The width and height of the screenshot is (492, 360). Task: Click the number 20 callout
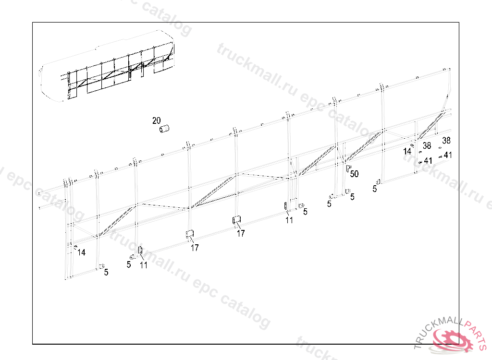click(157, 120)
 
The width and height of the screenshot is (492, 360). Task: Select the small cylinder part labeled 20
click(165, 129)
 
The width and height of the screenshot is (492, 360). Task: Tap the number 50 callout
click(354, 173)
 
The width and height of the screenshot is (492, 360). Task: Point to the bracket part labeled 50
click(348, 169)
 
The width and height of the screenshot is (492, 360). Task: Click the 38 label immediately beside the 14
click(427, 146)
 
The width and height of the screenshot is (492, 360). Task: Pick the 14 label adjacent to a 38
click(407, 151)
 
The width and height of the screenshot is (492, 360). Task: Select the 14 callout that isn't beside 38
click(82, 252)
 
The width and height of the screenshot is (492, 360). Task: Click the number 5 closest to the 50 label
click(352, 197)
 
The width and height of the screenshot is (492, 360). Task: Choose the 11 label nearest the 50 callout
click(289, 220)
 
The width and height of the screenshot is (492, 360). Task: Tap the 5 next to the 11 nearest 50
click(305, 211)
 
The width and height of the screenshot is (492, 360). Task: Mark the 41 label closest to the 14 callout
click(428, 160)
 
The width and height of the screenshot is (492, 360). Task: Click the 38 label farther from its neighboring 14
click(446, 141)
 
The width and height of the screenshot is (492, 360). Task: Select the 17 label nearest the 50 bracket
click(241, 233)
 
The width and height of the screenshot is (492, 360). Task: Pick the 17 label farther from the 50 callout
click(195, 248)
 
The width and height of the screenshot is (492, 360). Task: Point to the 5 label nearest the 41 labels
click(374, 189)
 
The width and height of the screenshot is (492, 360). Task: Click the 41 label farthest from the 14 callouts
click(448, 155)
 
